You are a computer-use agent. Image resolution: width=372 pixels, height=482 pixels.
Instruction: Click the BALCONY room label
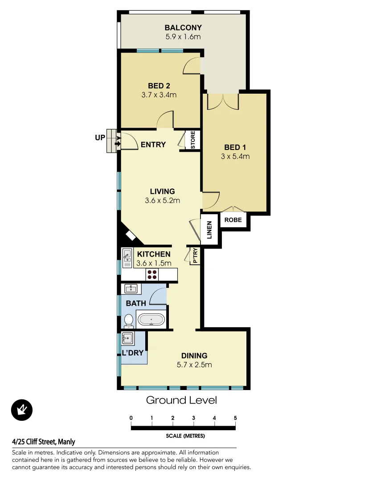click(x=184, y=28)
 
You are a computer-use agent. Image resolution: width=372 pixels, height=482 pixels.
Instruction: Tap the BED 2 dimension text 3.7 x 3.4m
click(x=159, y=95)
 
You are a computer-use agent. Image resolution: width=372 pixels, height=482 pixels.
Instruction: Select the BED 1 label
click(x=234, y=147)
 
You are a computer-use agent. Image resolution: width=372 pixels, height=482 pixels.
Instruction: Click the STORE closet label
click(x=193, y=140)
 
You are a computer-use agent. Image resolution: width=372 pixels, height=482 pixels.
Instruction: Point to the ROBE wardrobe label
click(x=233, y=220)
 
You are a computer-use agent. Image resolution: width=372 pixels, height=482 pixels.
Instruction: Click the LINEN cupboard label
click(x=209, y=230)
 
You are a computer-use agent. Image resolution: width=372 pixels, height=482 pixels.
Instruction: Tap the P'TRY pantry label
click(x=195, y=256)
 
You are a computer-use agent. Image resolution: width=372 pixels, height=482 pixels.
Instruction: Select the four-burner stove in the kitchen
click(x=152, y=274)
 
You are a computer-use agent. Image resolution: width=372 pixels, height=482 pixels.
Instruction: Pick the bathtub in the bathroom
click(x=151, y=320)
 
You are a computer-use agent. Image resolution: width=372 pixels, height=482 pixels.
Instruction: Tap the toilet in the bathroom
click(x=128, y=320)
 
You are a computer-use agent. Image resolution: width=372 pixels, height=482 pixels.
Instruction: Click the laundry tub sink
click(x=128, y=339)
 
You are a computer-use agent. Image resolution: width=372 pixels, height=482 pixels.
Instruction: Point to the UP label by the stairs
click(x=100, y=138)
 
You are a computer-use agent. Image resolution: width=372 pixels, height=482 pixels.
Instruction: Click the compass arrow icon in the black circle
click(x=21, y=410)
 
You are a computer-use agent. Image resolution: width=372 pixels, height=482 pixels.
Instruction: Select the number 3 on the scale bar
click(x=194, y=418)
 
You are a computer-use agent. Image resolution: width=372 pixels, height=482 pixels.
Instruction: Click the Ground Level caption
click(x=181, y=400)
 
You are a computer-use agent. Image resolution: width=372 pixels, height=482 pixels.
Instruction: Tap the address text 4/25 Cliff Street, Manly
click(x=44, y=442)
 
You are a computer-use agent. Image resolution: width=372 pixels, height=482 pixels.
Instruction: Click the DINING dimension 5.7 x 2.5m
click(x=194, y=365)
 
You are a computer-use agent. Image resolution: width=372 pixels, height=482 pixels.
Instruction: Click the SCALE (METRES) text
click(x=184, y=436)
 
